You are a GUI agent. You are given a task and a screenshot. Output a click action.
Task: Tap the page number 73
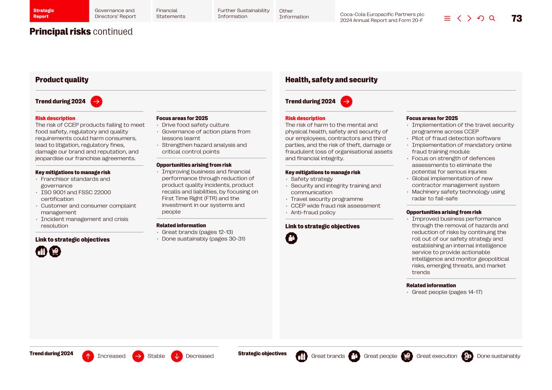click(516, 19)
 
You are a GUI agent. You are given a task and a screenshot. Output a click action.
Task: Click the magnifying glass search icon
click(492, 19)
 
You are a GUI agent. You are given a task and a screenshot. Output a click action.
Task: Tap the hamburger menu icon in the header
click(447, 19)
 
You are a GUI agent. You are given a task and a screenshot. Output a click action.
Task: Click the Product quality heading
click(62, 80)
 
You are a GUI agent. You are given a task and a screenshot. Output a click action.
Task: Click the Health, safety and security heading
click(331, 80)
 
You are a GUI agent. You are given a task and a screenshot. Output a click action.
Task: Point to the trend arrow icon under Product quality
click(96, 102)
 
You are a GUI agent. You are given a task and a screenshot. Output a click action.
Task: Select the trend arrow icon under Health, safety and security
click(346, 102)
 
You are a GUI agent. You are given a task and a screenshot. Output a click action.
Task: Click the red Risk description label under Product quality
click(55, 118)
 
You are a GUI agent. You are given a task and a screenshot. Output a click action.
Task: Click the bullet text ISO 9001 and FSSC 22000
click(76, 192)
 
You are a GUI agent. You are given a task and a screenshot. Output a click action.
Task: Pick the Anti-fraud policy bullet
click(313, 213)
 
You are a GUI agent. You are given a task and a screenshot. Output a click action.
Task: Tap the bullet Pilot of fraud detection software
click(456, 138)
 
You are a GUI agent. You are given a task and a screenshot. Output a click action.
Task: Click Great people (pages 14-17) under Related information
click(447, 292)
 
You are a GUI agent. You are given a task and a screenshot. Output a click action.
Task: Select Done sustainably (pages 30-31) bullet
click(203, 239)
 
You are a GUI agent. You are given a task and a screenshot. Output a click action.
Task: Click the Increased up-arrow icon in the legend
click(88, 356)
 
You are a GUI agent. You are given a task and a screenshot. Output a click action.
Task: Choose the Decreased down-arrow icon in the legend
click(177, 356)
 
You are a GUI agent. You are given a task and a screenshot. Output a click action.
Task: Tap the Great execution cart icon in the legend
click(407, 356)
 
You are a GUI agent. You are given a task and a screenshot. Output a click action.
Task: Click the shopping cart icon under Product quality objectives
click(55, 252)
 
